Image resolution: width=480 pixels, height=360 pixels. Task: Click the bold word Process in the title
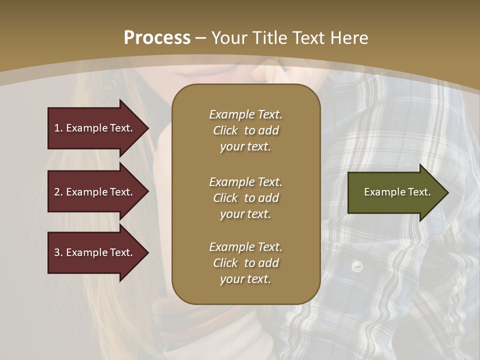(x=157, y=37)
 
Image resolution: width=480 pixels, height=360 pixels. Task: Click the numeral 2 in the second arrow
(x=57, y=192)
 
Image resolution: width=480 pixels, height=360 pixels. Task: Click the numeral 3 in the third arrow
(x=57, y=252)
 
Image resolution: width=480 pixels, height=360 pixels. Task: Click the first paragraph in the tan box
(x=245, y=130)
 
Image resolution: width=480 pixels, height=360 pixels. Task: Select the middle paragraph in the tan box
(x=245, y=198)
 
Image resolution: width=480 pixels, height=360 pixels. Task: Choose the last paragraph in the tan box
(x=245, y=263)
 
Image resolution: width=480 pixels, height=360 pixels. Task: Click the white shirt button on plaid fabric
(x=356, y=266)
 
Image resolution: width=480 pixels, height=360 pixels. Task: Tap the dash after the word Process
(x=201, y=38)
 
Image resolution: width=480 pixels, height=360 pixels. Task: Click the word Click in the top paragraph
(x=225, y=130)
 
